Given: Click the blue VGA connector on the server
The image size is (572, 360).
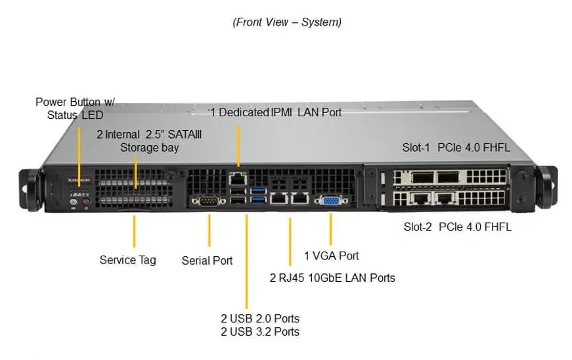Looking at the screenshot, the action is (331, 200).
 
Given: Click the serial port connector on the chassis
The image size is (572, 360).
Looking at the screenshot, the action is (208, 200).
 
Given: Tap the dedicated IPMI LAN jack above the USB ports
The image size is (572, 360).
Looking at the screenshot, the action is (238, 179).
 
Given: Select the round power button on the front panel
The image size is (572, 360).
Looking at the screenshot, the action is (74, 201).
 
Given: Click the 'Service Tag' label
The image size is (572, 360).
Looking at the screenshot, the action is (127, 260).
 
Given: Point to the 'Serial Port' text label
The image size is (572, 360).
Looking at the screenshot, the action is (207, 260).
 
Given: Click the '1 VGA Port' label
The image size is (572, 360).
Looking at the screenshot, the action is (331, 256).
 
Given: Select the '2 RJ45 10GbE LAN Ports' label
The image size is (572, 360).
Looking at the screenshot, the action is (332, 278).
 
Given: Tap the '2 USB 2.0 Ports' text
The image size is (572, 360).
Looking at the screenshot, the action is (260, 319).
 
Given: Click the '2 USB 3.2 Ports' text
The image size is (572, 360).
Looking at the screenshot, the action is (260, 332).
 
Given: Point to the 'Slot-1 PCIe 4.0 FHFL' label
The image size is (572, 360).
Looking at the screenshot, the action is (456, 147).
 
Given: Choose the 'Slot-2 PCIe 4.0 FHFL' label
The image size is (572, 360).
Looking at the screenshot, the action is (458, 227).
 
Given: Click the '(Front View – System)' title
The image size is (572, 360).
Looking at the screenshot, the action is (287, 22).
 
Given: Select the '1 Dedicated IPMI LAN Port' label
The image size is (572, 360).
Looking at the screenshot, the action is (276, 112).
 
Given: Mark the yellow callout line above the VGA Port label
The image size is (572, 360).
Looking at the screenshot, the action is (330, 229).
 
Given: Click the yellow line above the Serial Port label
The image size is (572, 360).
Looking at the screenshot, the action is (209, 230).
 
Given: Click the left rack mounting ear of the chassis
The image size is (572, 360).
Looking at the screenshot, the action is (30, 190).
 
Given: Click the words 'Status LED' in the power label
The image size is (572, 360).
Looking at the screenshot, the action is (75, 115).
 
